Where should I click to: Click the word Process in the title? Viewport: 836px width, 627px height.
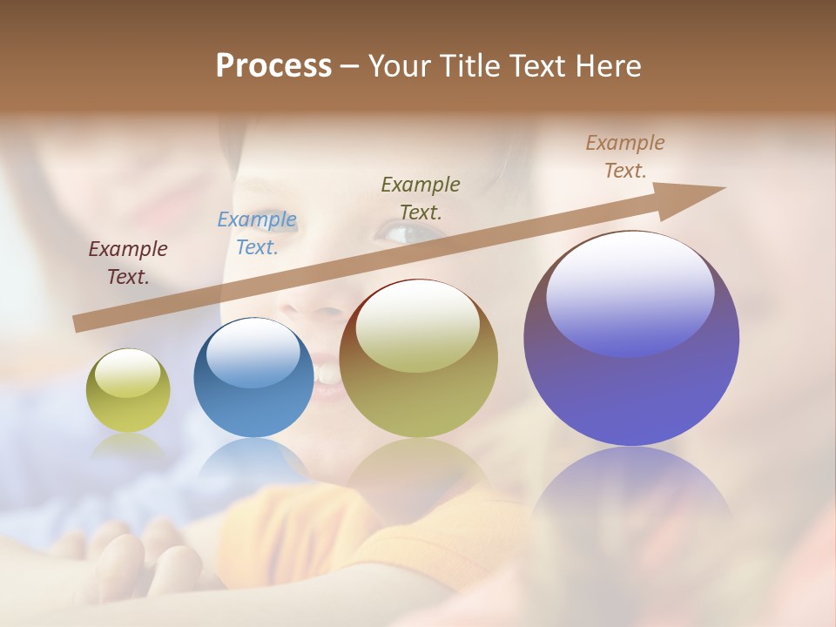coord(273,66)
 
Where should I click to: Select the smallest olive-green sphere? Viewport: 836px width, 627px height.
coord(128,390)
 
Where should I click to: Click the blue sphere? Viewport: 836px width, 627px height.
coord(253,378)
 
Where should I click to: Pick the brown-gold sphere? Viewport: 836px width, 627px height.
coord(419,359)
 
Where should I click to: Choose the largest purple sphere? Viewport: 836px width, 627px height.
coord(631,339)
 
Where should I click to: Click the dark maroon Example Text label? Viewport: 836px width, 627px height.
coord(128,263)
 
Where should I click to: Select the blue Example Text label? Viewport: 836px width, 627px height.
coord(257,233)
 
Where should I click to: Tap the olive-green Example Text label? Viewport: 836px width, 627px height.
coord(421,198)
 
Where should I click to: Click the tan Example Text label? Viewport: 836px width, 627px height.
coord(625,157)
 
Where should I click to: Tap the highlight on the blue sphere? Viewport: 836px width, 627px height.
coord(253,351)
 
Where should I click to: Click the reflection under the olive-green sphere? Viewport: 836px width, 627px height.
coord(128,445)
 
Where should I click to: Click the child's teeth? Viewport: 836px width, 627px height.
coord(329,374)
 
